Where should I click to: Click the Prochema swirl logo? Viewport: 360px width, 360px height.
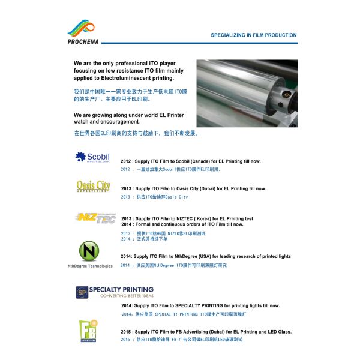tap(82, 28)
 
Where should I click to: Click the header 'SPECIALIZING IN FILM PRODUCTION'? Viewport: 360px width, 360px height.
tap(253, 35)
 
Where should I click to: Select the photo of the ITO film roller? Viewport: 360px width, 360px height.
tap(246, 93)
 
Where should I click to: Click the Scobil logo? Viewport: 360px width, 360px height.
tap(92, 158)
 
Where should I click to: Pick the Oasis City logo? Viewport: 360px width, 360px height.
tap(93, 186)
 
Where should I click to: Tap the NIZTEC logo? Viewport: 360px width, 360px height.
tap(94, 217)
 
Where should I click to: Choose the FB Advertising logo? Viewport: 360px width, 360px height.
tap(88, 329)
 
